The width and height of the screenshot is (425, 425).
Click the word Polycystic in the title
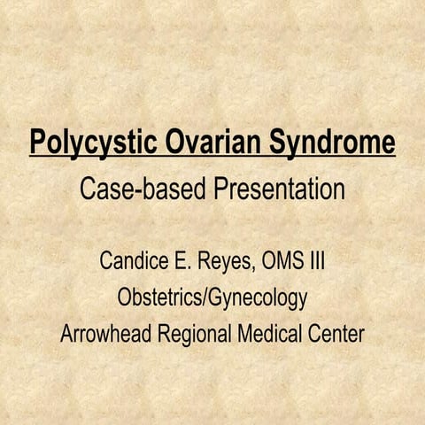point(93,142)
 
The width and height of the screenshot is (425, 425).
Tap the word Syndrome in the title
point(332,142)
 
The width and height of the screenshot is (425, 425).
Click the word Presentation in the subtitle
point(279,189)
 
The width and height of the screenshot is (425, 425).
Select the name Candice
point(134,260)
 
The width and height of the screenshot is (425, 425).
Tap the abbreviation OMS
point(282,260)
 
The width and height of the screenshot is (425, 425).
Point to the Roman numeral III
point(318,260)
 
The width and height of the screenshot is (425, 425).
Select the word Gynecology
point(258,298)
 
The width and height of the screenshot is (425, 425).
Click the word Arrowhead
point(105,333)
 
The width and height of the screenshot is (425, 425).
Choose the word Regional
point(194,335)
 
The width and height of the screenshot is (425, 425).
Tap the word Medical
point(269,333)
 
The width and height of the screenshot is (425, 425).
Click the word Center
point(336,333)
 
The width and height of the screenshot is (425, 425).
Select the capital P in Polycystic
point(38,141)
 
